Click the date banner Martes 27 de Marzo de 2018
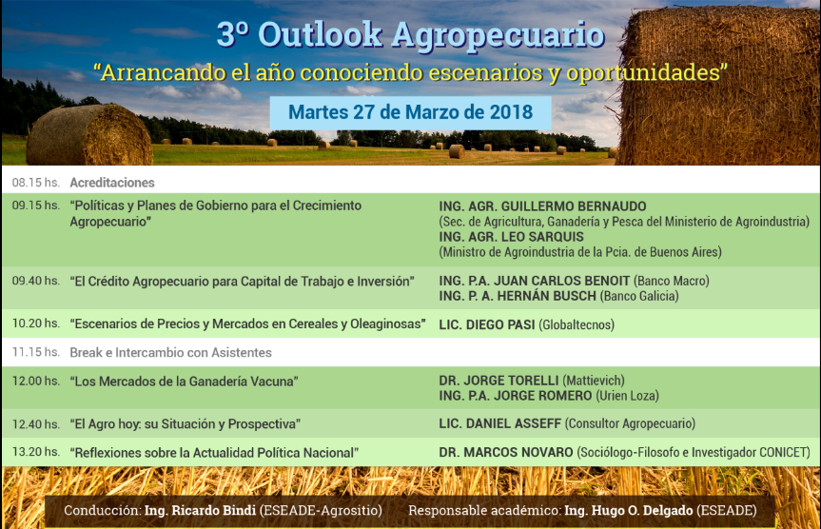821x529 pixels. tap(411, 112)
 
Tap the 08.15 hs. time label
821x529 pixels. tap(35, 183)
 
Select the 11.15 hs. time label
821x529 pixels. tap(35, 352)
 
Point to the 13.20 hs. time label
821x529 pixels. tap(35, 452)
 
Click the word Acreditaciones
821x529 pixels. tap(112, 183)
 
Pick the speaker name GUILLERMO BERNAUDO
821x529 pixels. tap(574, 206)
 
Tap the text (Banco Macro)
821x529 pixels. tap(672, 282)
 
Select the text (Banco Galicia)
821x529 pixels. tap(639, 297)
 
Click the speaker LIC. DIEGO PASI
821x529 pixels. tap(487, 324)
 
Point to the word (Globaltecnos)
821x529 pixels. tap(577, 325)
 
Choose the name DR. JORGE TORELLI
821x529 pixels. tap(498, 381)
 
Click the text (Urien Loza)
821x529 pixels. tap(627, 396)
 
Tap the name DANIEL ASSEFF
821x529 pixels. tap(513, 423)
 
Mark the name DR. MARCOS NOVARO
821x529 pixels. tap(506, 453)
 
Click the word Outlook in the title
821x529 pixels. tap(320, 35)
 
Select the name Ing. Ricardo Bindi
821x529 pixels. tap(200, 510)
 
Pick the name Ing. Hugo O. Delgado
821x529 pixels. tap(628, 510)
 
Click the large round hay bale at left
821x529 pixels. tap(89, 135)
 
